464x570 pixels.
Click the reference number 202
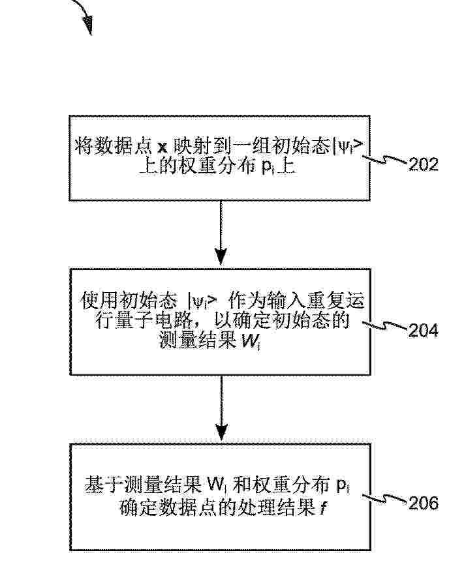pyautogui.click(x=424, y=165)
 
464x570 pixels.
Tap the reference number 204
pyautogui.click(x=424, y=331)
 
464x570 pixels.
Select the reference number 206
pyautogui.click(x=424, y=503)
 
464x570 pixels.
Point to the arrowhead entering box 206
pyautogui.click(x=221, y=432)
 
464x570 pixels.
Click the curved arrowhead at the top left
pyautogui.click(x=88, y=25)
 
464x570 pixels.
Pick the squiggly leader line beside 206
pyautogui.click(x=385, y=499)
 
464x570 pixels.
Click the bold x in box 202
pyautogui.click(x=162, y=147)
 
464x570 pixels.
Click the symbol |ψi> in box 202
pyautogui.click(x=348, y=147)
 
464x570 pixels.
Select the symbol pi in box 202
pyautogui.click(x=268, y=168)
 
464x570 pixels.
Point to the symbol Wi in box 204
pyautogui.click(x=251, y=341)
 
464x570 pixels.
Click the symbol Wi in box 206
pyautogui.click(x=217, y=485)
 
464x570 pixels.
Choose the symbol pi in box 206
pyautogui.click(x=343, y=486)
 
